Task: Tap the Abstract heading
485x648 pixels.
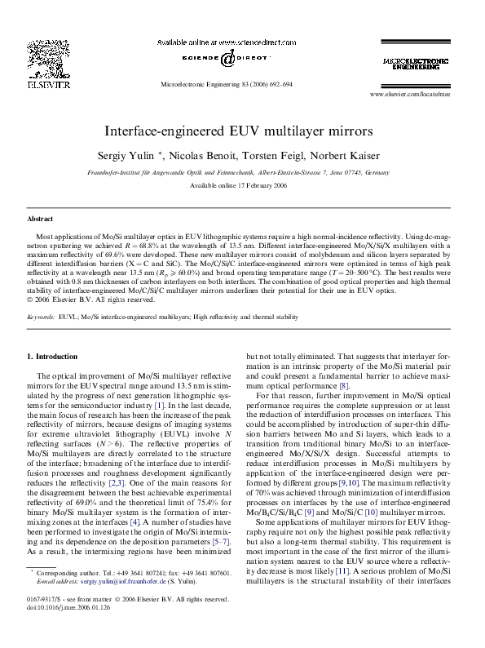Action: coord(40,220)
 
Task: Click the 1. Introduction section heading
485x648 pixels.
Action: coord(53,357)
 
